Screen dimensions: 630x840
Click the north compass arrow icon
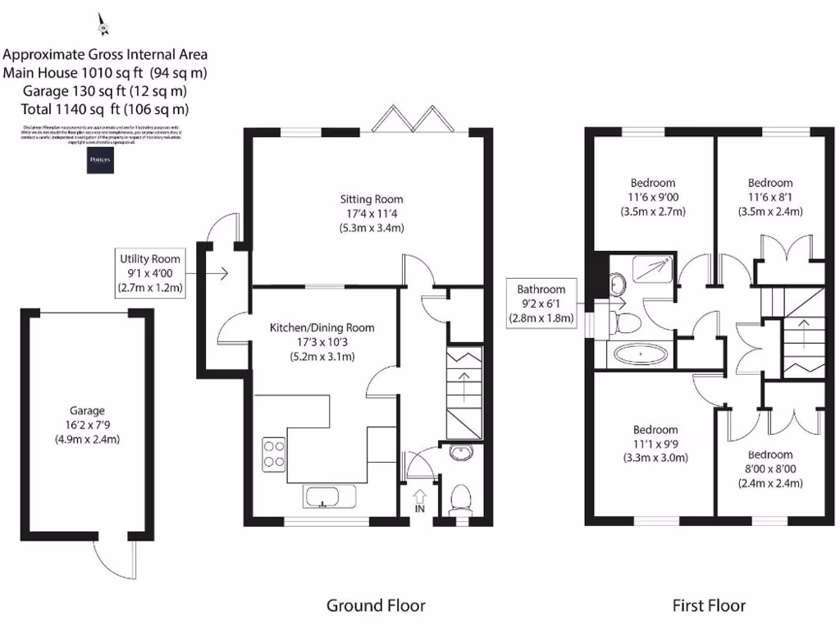click(103, 25)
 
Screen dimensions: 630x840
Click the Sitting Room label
click(372, 199)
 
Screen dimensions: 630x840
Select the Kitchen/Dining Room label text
click(322, 327)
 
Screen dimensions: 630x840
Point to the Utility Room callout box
click(149, 273)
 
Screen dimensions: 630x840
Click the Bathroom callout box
click(541, 304)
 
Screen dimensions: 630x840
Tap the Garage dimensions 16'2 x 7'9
click(87, 425)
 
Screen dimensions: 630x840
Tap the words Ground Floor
click(376, 606)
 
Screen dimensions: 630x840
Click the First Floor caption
click(709, 606)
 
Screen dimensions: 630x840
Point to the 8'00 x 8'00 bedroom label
click(770, 468)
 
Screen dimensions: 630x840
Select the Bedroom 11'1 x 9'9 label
click(655, 443)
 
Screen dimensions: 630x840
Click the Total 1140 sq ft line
click(105, 108)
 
